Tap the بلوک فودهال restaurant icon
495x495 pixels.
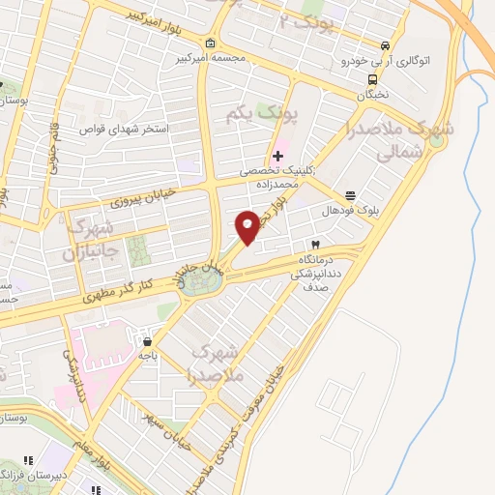[350, 192]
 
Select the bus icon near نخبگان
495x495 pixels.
[372, 80]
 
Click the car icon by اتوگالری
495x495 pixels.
[386, 45]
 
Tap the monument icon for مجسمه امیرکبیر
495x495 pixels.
[211, 44]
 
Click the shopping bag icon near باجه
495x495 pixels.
[147, 340]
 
